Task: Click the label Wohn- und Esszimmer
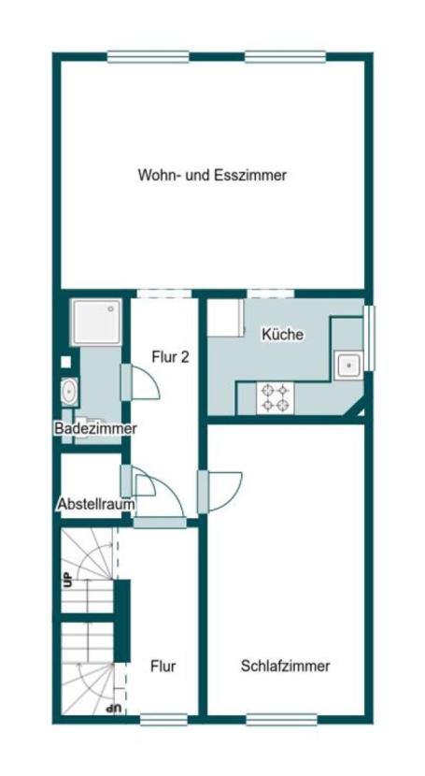click(212, 175)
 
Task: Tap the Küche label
click(282, 334)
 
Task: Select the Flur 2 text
click(171, 356)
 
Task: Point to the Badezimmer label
click(95, 428)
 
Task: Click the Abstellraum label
click(95, 504)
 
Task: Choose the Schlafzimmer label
click(285, 667)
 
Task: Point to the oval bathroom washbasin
click(69, 391)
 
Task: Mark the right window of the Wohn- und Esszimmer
click(286, 57)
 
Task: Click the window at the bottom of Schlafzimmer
click(281, 719)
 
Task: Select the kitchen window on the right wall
click(369, 338)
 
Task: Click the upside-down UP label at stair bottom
click(114, 709)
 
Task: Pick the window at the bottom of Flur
click(163, 719)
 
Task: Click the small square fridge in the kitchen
click(225, 318)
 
